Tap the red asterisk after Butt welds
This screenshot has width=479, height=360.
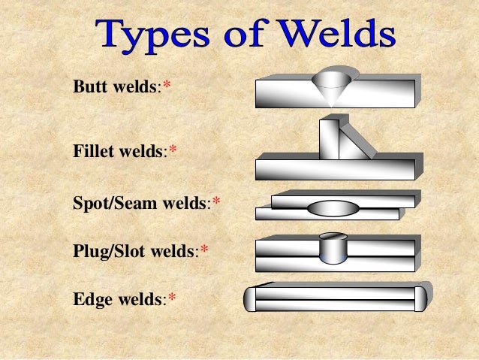[167, 86]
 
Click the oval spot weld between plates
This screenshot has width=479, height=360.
[334, 208]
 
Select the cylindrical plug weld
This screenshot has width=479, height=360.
[332, 249]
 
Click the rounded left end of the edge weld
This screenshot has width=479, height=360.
[250, 298]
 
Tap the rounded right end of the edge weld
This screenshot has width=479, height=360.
[420, 298]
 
